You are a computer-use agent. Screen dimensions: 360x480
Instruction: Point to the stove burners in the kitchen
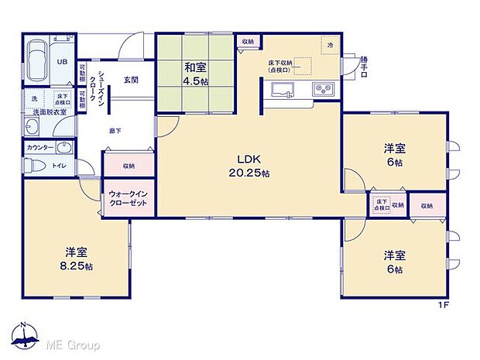tap(322, 91)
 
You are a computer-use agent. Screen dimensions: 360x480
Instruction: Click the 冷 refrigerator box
tap(329, 45)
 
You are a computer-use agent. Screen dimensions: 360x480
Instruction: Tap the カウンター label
tap(39, 146)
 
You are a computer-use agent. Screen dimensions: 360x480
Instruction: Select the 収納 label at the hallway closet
tap(128, 165)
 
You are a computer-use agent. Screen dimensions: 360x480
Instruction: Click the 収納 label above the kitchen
tap(247, 41)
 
